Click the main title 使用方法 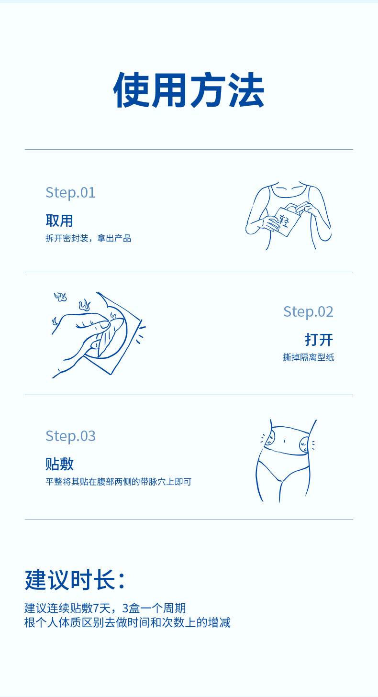189,90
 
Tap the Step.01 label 70,192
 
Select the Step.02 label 308,311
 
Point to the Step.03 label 70,436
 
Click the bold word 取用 59,221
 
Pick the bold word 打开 319,340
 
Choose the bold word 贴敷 59,464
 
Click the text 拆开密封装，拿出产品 88,238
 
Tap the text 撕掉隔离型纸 309,357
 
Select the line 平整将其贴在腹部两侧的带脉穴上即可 118,482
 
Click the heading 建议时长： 76,580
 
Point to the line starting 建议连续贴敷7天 105,608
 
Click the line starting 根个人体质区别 127,622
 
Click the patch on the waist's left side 271,438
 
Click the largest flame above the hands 85,305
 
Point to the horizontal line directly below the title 189,150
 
